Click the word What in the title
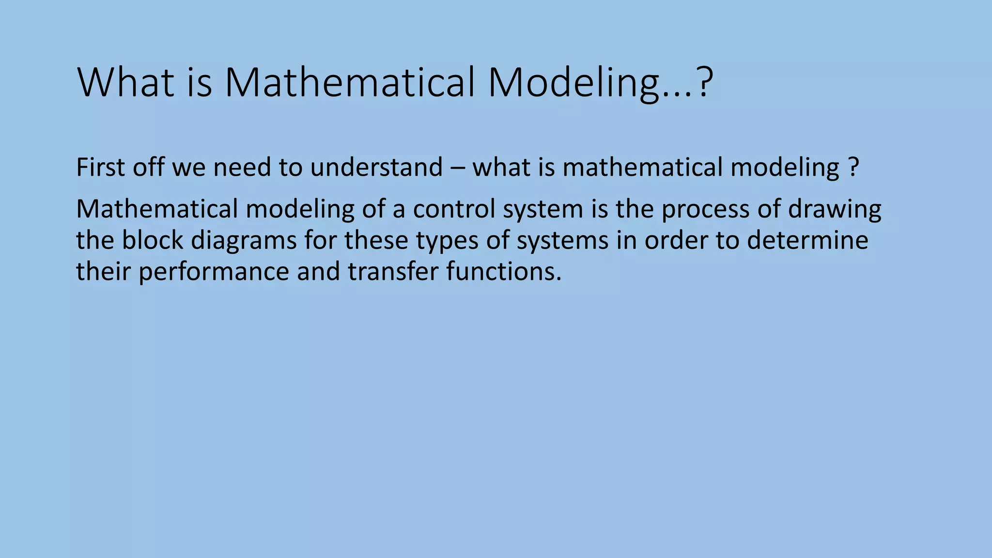point(125,83)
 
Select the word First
point(100,167)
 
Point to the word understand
point(376,167)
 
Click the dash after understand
point(458,168)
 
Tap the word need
point(241,167)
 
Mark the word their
point(103,271)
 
